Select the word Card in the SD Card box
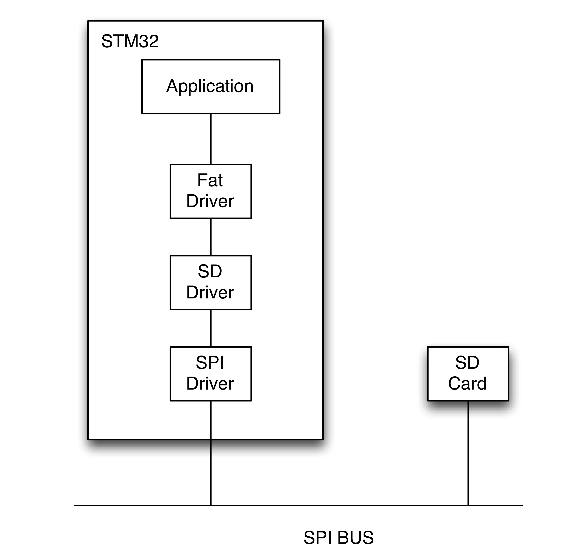click(467, 384)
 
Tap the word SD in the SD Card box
click(467, 363)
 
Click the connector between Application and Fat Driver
click(211, 139)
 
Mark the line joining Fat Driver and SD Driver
click(211, 237)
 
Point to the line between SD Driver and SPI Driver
click(211, 328)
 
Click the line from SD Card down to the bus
click(468, 453)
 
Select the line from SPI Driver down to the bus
click(211, 453)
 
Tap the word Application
click(210, 87)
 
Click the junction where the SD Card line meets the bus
click(468, 506)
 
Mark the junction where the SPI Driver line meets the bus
click(211, 506)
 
